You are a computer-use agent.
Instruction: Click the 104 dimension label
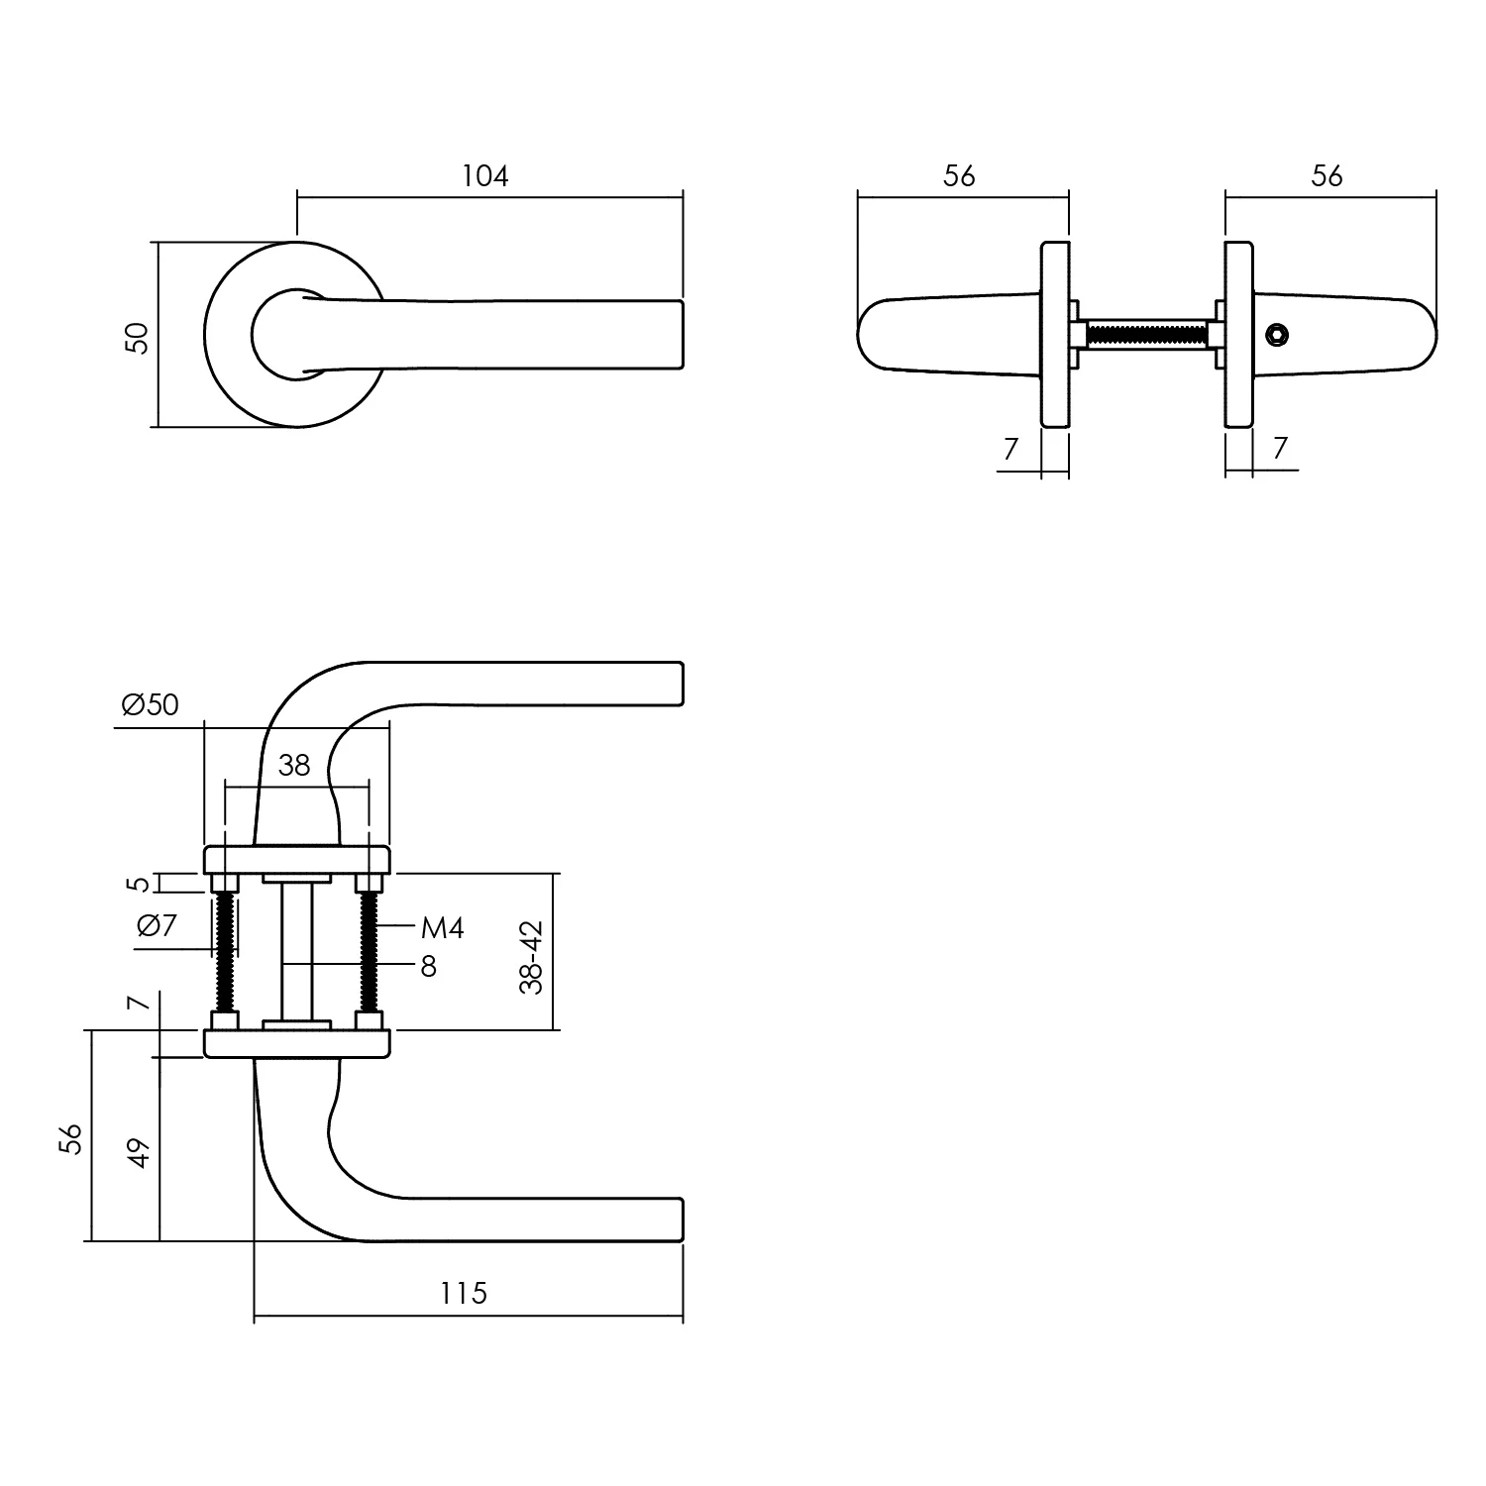click(x=484, y=176)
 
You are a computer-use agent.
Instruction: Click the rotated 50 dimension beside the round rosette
click(x=138, y=338)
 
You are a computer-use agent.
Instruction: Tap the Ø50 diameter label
click(x=151, y=704)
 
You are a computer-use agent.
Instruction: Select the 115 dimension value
click(x=464, y=1293)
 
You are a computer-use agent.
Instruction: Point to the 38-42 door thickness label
click(x=532, y=957)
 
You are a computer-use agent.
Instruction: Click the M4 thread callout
click(x=442, y=928)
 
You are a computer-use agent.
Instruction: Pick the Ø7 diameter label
click(x=156, y=925)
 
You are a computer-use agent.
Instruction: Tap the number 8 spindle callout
click(x=428, y=966)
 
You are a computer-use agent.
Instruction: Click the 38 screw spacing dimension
click(x=294, y=765)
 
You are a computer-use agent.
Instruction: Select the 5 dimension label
click(x=140, y=883)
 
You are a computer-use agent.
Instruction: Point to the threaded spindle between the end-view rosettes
click(x=1147, y=335)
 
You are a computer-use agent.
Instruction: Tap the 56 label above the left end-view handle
click(x=959, y=176)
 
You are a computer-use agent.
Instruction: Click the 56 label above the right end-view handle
click(x=1327, y=176)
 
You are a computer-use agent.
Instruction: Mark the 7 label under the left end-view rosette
click(x=1010, y=450)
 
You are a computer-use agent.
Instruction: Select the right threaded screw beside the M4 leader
click(x=371, y=951)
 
